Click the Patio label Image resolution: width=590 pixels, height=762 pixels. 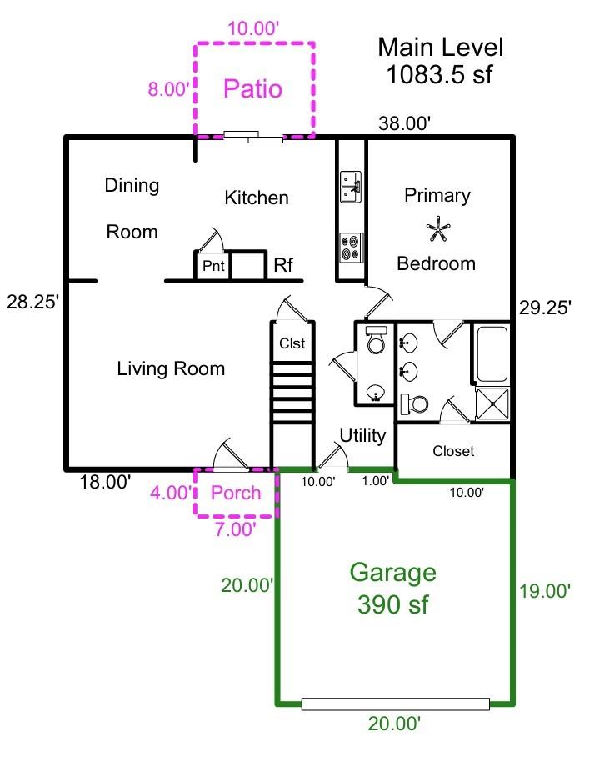click(x=252, y=89)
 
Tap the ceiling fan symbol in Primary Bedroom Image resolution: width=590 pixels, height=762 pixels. click(x=437, y=229)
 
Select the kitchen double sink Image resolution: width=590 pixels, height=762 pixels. click(x=351, y=187)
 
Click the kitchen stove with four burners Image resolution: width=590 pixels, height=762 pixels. click(x=351, y=248)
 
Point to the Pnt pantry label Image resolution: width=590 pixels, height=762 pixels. click(x=213, y=266)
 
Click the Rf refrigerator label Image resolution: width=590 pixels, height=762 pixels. click(x=283, y=265)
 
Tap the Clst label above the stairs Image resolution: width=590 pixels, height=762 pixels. click(x=292, y=343)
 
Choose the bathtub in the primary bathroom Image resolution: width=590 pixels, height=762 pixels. click(x=492, y=353)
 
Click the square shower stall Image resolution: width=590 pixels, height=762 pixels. click(x=492, y=404)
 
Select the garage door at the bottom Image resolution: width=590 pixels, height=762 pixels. click(x=395, y=704)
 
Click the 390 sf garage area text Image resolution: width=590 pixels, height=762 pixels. click(x=392, y=605)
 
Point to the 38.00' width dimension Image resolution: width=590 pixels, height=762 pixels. click(x=404, y=123)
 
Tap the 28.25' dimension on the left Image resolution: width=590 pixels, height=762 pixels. click(x=32, y=302)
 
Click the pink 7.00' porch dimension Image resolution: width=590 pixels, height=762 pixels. click(x=236, y=529)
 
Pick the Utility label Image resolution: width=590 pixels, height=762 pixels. click(x=362, y=435)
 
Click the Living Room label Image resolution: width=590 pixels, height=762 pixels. click(x=171, y=368)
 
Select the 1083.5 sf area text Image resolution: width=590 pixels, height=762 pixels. click(x=439, y=74)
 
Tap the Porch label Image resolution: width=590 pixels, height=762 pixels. click(x=236, y=493)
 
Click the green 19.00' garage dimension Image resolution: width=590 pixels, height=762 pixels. click(x=545, y=591)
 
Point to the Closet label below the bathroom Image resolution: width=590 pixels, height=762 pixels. click(x=453, y=451)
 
